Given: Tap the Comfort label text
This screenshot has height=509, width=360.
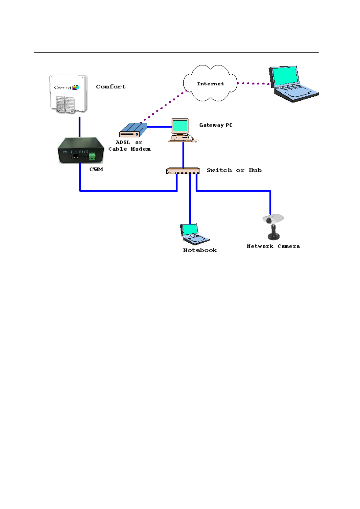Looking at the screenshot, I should pos(111,87).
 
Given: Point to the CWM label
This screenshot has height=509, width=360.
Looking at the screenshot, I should pos(96,169).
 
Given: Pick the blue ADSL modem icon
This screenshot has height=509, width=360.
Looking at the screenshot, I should pos(133,130).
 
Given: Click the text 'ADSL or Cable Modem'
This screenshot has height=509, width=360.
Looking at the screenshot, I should pos(129,146).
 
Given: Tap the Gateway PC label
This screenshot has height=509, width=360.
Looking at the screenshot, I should pos(216,125).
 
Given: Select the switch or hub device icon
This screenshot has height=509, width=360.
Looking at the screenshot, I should pos(183,171).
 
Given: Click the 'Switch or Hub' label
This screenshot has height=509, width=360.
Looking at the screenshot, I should pos(234,170).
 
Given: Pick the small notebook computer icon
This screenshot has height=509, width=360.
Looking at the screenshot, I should pos(194,234).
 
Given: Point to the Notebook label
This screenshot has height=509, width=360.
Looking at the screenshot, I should pos(200,250).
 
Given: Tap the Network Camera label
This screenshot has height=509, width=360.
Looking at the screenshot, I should pos(273,246).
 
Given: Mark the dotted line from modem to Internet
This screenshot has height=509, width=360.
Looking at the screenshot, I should pos(165,106).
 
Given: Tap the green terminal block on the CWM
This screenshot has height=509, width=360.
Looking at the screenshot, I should pos(92,156).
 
